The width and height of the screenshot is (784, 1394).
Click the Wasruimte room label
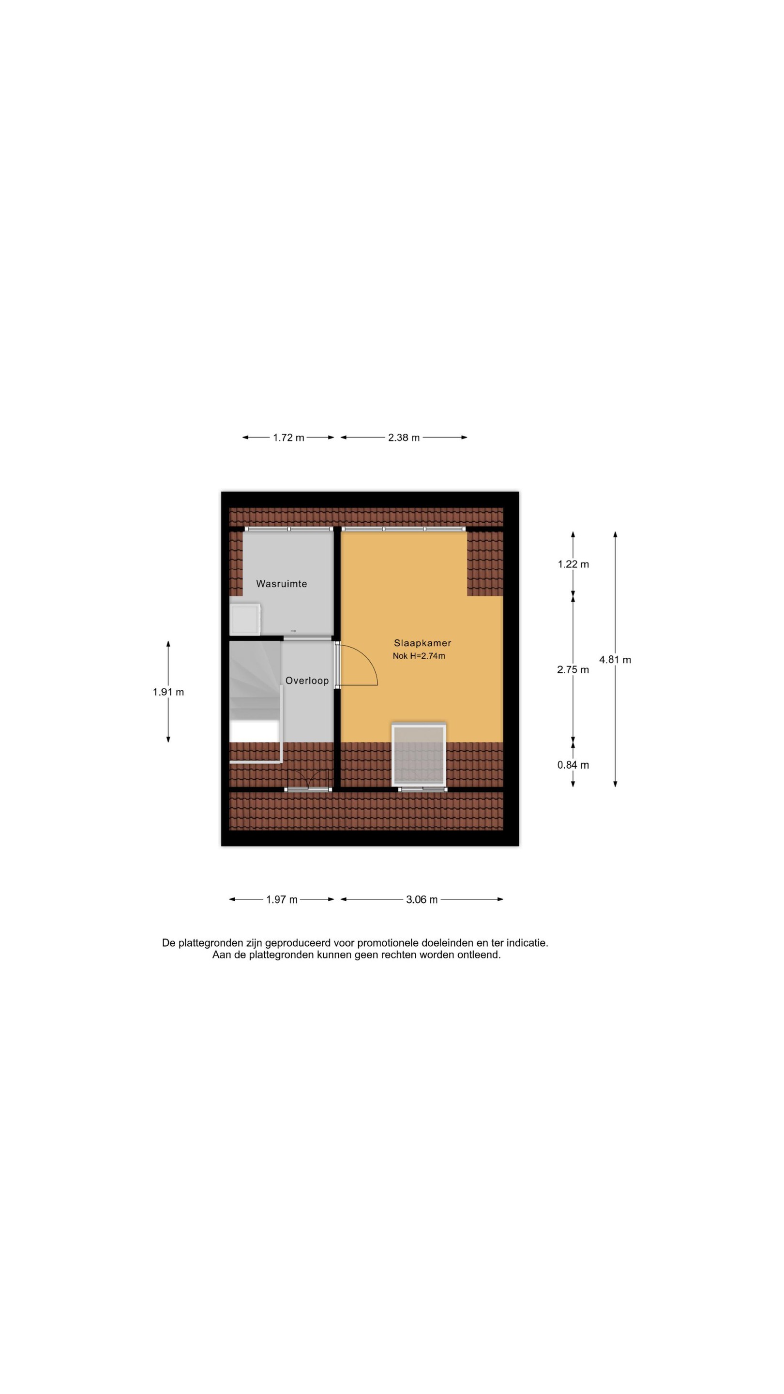pos(281,583)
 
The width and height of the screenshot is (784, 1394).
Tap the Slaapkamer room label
pos(422,643)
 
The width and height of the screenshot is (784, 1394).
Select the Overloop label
pos(307,680)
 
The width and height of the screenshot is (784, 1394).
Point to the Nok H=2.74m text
pos(419,656)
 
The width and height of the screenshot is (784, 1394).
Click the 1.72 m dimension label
pos(288,437)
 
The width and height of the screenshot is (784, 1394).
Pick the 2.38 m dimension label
pos(404,437)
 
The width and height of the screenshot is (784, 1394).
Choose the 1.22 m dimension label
pos(573,564)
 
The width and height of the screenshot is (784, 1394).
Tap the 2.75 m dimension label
pos(573,669)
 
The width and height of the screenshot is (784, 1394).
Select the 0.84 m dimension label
pos(573,765)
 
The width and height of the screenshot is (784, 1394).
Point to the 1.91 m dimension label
pos(168,692)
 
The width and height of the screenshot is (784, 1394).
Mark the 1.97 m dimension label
pos(281,899)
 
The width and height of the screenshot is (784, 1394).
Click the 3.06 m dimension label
pos(422,899)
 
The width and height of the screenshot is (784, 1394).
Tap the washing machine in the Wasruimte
pos(245,619)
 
